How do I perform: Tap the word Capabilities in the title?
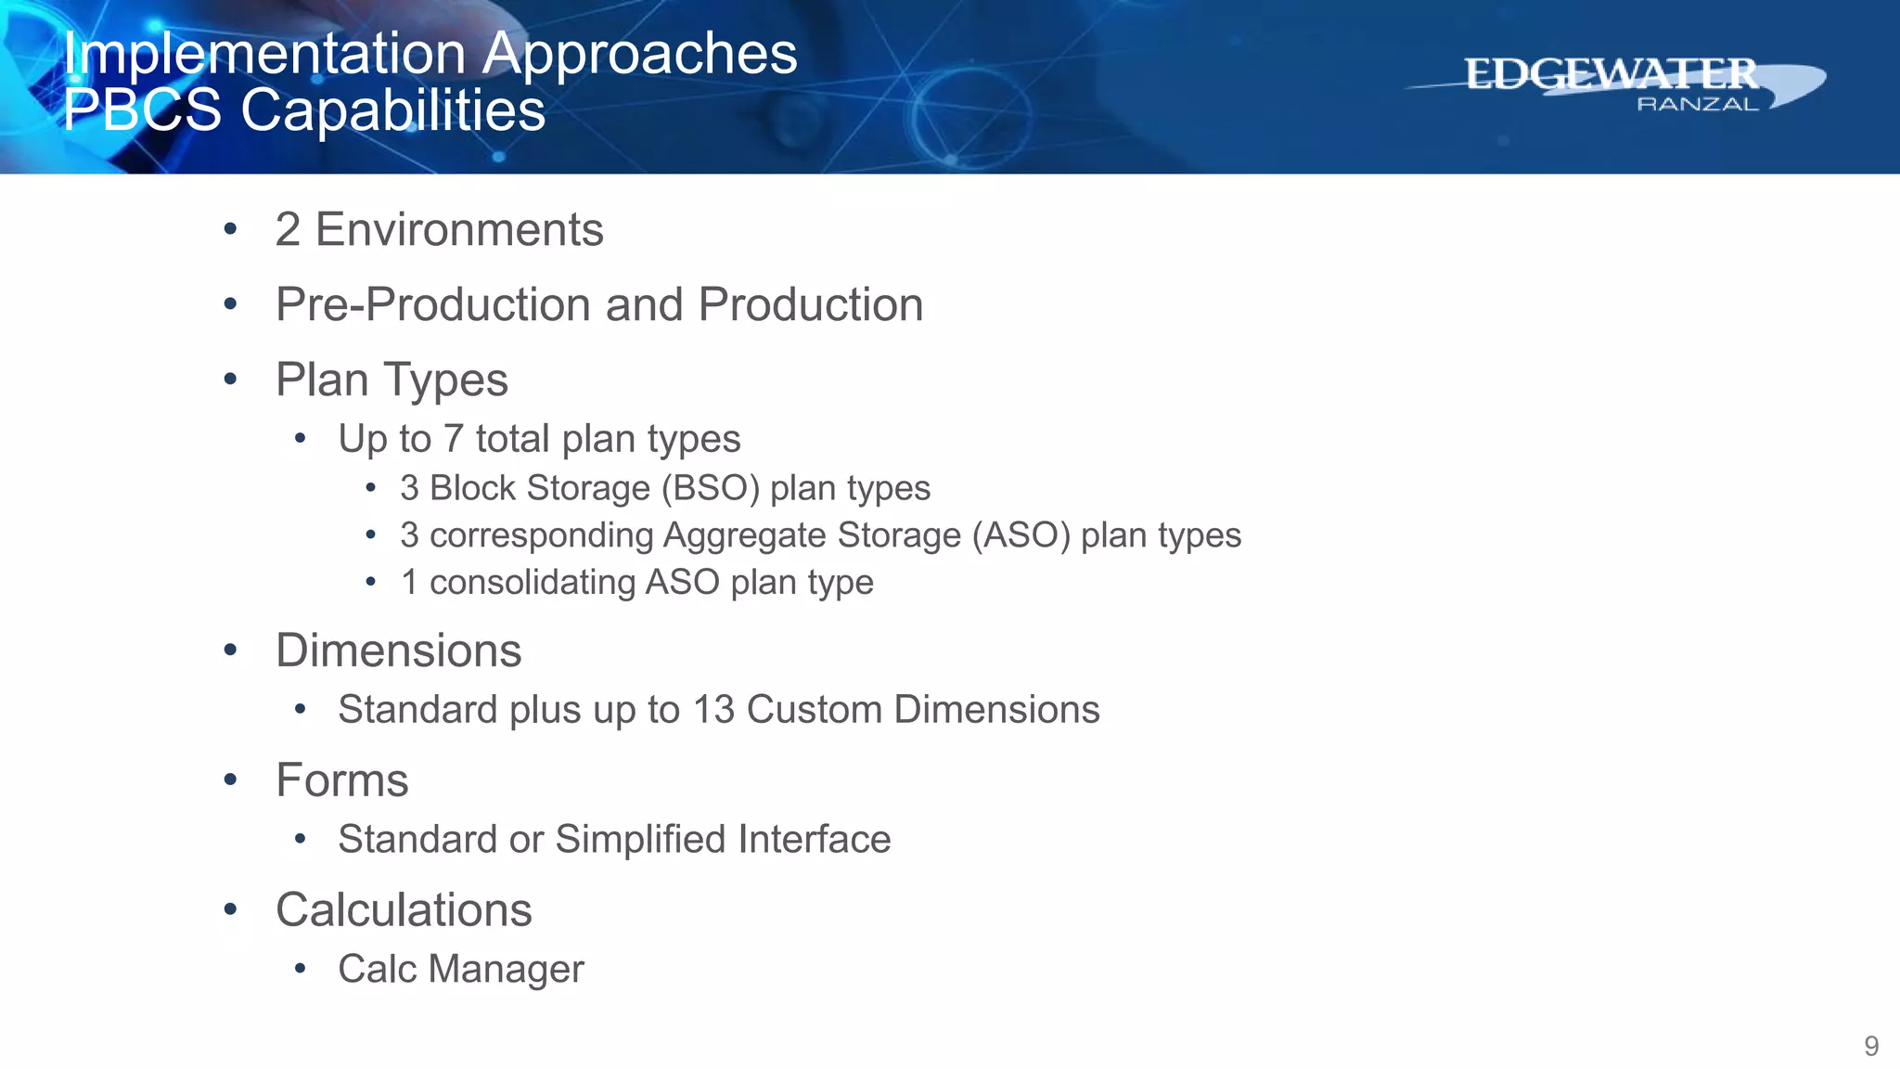click(x=392, y=110)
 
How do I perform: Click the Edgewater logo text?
click(x=1611, y=74)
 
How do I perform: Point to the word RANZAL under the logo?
click(x=1697, y=105)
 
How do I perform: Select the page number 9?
click(x=1871, y=1046)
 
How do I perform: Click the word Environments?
click(x=459, y=230)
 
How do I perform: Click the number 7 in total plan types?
click(x=453, y=439)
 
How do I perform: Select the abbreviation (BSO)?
click(x=710, y=488)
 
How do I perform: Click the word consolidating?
click(x=532, y=583)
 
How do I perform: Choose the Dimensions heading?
click(x=398, y=650)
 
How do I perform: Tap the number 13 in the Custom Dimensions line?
click(x=713, y=710)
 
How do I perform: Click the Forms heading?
click(x=341, y=780)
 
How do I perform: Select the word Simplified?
click(x=640, y=840)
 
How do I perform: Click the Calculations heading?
click(x=404, y=910)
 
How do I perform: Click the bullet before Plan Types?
click(x=230, y=379)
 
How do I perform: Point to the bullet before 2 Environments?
click(x=230, y=229)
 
